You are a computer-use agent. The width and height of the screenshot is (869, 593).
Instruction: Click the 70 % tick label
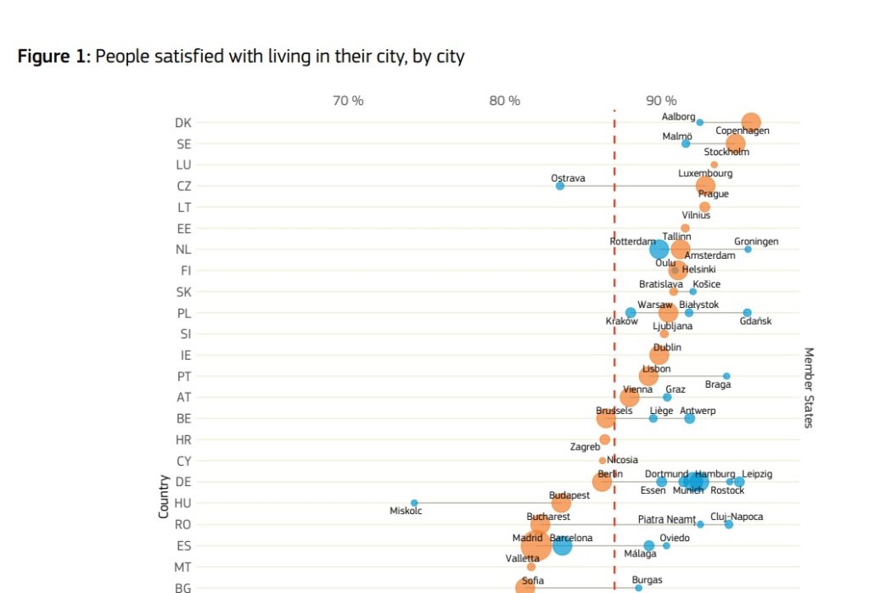tap(348, 101)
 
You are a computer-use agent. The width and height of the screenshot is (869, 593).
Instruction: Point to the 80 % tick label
tap(504, 101)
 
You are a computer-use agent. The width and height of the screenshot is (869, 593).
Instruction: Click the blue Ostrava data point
tap(560, 186)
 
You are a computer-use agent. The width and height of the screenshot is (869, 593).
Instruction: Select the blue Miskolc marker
tap(414, 503)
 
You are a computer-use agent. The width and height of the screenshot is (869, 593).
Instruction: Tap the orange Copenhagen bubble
tap(750, 122)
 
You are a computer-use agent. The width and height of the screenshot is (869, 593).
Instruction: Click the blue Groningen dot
tap(748, 249)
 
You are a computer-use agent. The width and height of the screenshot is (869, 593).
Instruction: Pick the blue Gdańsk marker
tap(747, 313)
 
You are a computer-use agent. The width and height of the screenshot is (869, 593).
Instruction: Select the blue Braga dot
tap(726, 376)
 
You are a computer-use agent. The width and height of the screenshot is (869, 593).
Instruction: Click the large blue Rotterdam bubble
tap(659, 249)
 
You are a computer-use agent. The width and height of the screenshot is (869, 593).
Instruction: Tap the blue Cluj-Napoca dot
tap(728, 524)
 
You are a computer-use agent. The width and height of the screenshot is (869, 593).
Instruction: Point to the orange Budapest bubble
tap(561, 503)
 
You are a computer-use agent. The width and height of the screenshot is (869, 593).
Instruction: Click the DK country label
tap(183, 123)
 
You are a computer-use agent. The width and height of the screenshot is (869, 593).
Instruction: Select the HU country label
tap(183, 503)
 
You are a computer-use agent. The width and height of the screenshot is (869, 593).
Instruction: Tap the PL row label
tap(184, 313)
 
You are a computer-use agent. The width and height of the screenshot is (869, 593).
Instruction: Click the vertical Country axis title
tap(163, 496)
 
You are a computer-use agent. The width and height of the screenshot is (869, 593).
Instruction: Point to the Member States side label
tap(808, 387)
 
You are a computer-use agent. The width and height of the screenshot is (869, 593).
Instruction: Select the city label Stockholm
tap(726, 153)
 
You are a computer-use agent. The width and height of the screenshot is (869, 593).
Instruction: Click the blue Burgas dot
tap(639, 587)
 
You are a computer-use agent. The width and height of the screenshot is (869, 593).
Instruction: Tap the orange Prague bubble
tap(705, 186)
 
